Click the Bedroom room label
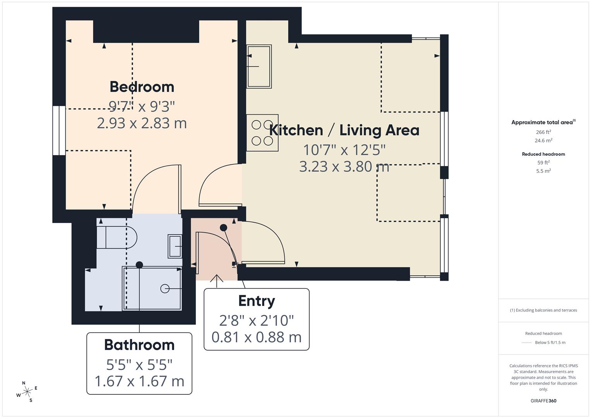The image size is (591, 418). point(142,87)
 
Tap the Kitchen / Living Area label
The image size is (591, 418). point(344,130)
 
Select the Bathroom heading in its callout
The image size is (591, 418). point(139,345)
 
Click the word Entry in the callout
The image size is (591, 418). point(257,301)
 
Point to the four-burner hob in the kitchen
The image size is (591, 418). point(262,133)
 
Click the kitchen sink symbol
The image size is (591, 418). point(259,67)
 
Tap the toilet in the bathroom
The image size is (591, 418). point(116,238)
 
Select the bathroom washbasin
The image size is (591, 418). point(175,246)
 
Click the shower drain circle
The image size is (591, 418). point(165,289)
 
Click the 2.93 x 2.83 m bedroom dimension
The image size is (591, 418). point(142,123)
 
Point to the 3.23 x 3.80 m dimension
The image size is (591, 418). point(344,166)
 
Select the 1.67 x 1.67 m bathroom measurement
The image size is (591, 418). point(139,381)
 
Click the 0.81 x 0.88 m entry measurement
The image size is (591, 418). point(257,337)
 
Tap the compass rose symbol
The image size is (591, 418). point(27,392)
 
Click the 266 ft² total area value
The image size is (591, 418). point(543,132)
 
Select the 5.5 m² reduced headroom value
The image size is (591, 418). point(543,171)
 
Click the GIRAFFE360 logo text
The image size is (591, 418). point(543,401)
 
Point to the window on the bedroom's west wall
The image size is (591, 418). point(59,130)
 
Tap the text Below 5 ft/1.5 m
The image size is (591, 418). point(550,343)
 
